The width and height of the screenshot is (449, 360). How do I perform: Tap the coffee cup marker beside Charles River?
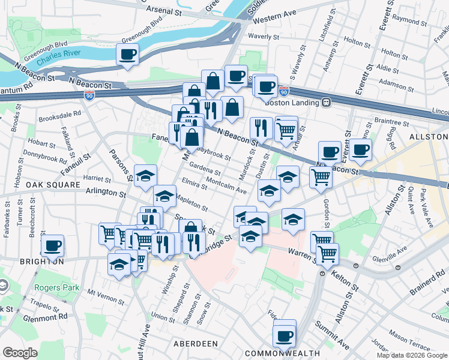point(127,55)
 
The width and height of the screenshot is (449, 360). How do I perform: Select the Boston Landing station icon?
point(327,102)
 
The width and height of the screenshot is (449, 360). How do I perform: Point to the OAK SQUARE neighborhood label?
point(53,185)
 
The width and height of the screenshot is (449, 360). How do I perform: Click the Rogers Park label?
point(56,287)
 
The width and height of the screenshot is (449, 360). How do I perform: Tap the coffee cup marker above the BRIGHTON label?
point(52,245)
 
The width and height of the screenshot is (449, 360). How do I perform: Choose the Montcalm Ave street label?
point(226,185)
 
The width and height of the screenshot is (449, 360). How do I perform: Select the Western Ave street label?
point(275,18)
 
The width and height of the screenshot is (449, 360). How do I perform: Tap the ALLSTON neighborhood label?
point(426,137)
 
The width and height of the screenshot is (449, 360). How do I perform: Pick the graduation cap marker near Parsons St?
point(145,176)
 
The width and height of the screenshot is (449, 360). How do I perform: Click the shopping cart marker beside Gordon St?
point(321,177)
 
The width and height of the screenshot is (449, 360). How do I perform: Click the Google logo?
point(20,352)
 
